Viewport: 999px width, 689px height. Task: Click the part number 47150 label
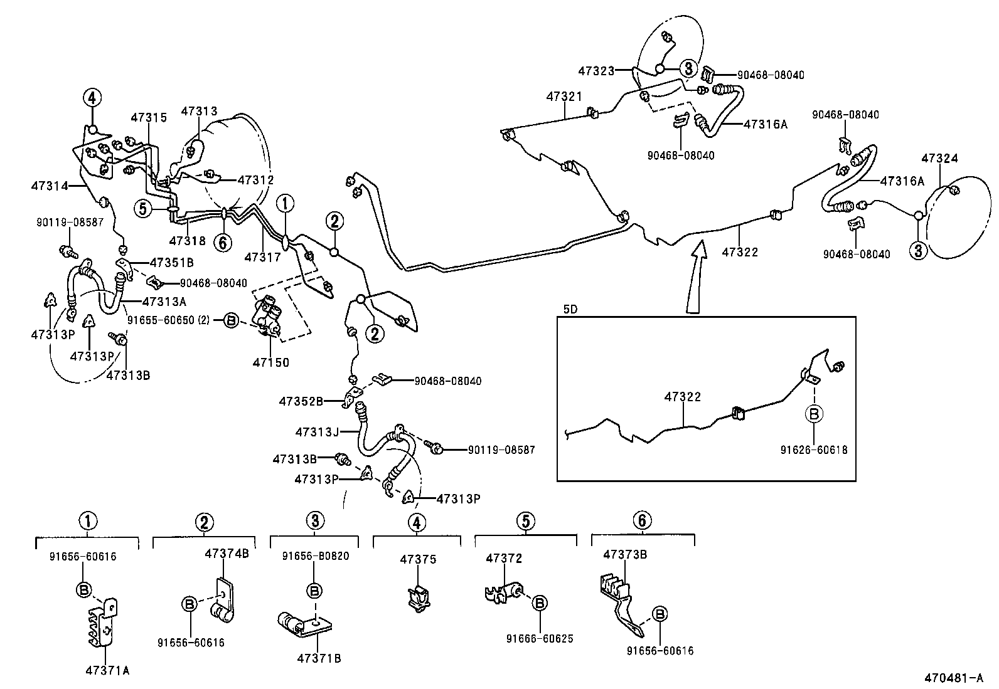(271, 362)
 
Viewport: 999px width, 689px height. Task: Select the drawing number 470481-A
(953, 678)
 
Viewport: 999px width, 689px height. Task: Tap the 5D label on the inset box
(571, 309)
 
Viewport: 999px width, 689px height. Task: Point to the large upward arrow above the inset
(697, 276)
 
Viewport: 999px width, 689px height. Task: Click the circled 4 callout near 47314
(92, 98)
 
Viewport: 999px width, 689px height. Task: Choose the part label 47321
(564, 97)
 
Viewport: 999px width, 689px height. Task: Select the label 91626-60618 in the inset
(814, 450)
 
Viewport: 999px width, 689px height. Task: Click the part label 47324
(939, 158)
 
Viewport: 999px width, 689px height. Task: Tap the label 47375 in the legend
(418, 559)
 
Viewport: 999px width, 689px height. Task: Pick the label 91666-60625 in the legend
(540, 639)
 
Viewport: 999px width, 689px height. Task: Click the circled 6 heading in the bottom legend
(642, 520)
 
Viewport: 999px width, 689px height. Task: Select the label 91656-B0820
(316, 556)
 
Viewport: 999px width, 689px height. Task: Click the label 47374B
(227, 554)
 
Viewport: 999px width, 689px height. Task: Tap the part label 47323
(596, 71)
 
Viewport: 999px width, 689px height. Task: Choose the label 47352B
(301, 401)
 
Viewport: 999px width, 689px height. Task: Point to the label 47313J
(317, 432)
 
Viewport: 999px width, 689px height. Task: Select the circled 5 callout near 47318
(143, 208)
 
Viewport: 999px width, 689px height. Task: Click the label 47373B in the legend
(625, 554)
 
